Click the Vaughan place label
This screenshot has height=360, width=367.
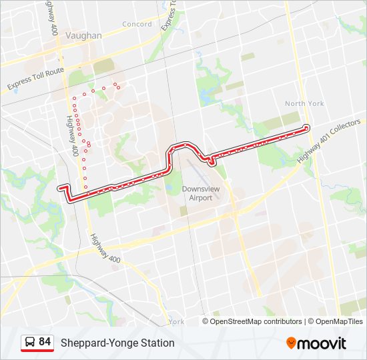pyautogui.click(x=85, y=36)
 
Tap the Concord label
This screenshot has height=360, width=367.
pyautogui.click(x=137, y=25)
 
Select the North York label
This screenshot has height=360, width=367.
pyautogui.click(x=304, y=103)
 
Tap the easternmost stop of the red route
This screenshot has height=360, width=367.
pyautogui.click(x=306, y=127)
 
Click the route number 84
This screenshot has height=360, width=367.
pyautogui.click(x=45, y=342)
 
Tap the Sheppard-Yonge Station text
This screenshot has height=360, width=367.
pyautogui.click(x=117, y=343)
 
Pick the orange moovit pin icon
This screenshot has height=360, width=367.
pyautogui.click(x=292, y=343)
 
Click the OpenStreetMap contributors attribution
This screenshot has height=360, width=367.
pyautogui.click(x=256, y=321)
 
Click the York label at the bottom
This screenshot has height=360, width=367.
pyautogui.click(x=177, y=321)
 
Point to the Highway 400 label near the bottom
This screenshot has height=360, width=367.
pyautogui.click(x=105, y=248)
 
